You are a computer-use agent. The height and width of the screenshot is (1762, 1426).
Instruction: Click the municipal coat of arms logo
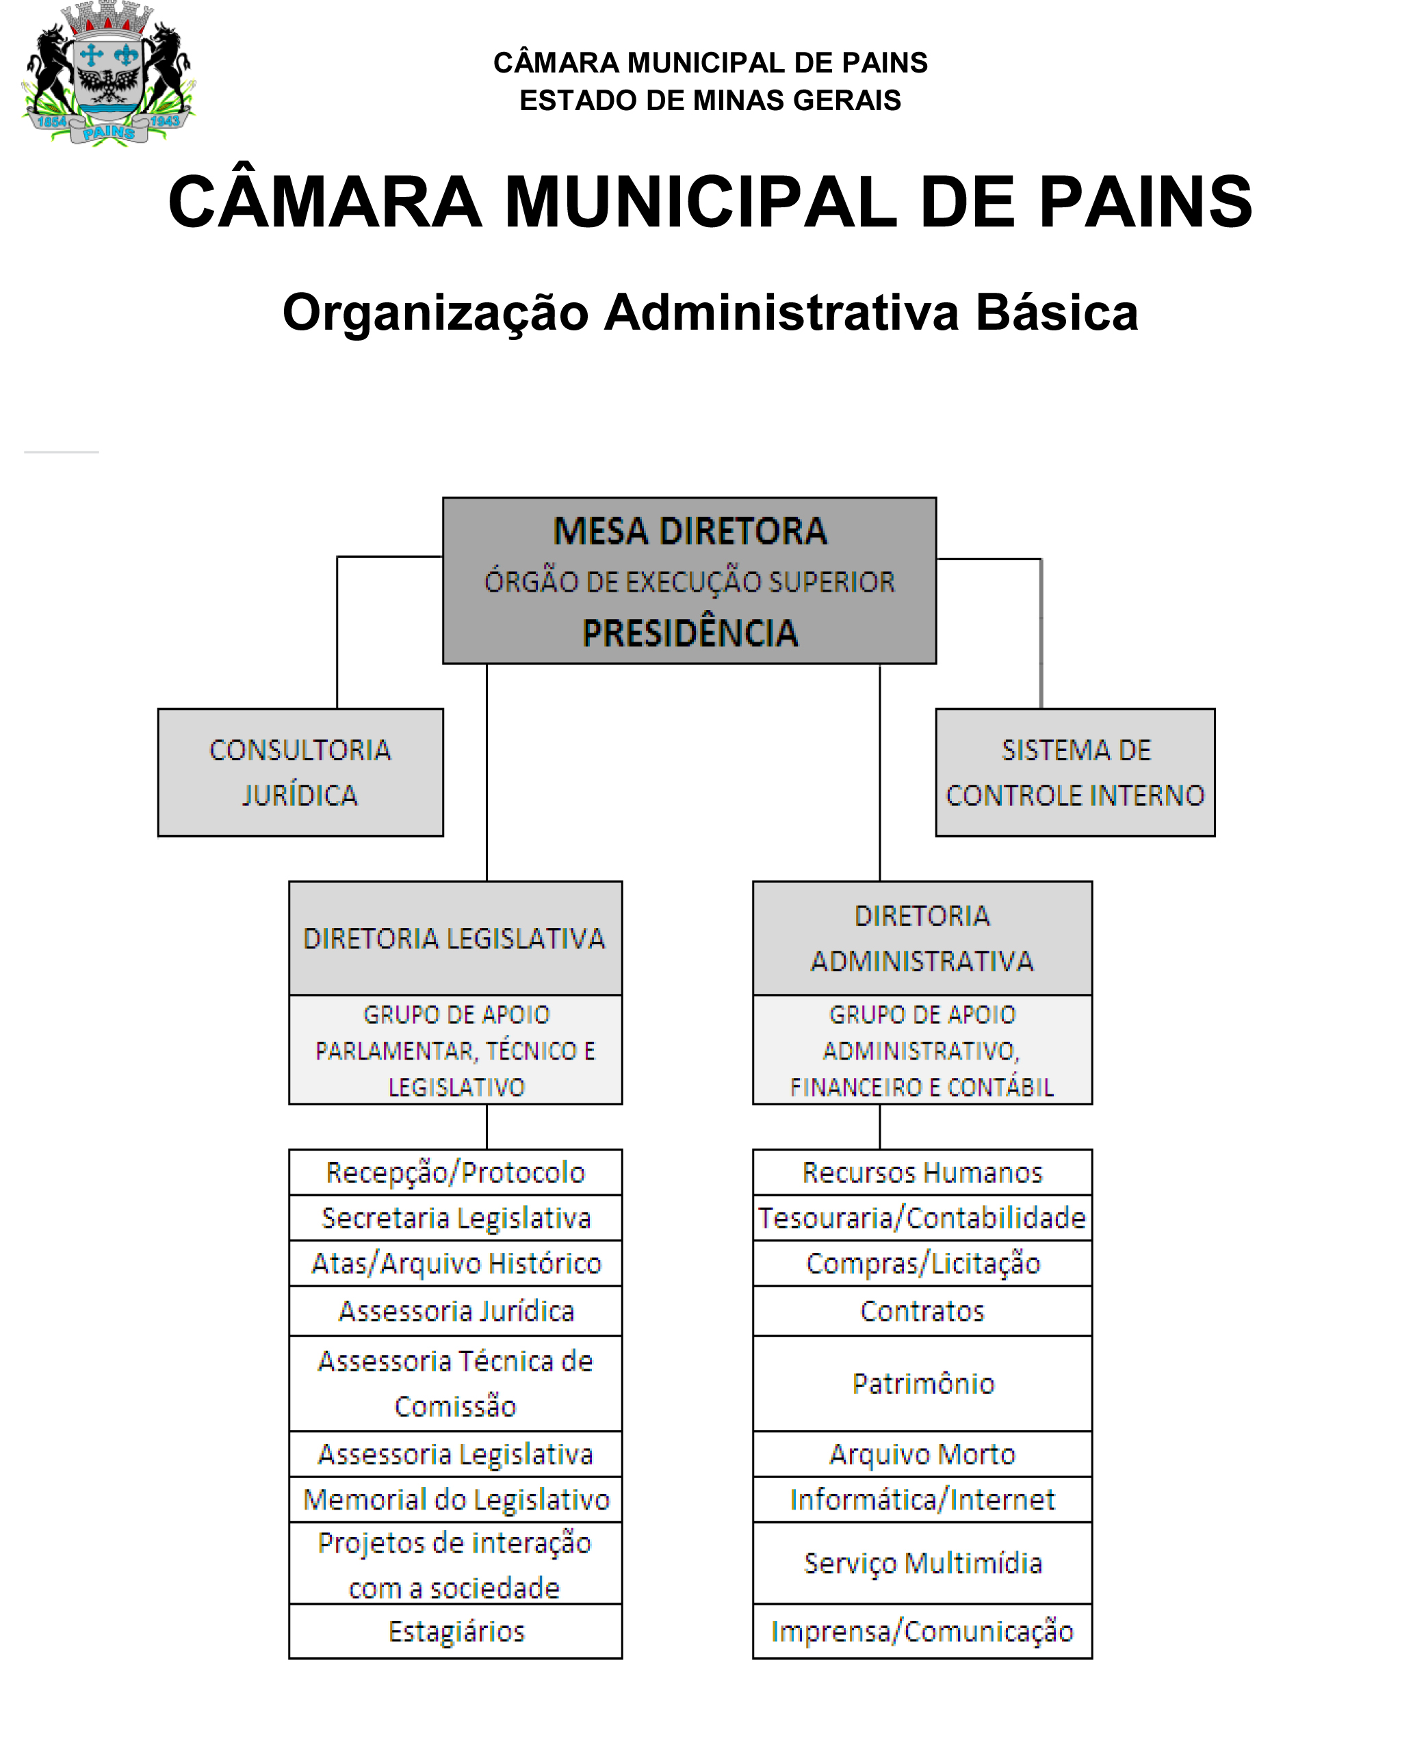pyautogui.click(x=108, y=74)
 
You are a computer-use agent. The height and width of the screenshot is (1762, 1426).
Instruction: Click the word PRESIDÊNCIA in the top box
pyautogui.click(x=689, y=633)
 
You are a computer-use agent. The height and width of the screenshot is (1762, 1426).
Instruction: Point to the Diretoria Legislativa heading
pyautogui.click(x=454, y=938)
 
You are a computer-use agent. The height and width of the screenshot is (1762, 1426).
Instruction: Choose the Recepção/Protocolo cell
pyautogui.click(x=455, y=1172)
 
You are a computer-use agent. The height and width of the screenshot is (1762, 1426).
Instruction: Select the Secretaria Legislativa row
pyautogui.click(x=455, y=1218)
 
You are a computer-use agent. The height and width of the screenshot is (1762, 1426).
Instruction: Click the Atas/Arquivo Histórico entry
pyautogui.click(x=455, y=1263)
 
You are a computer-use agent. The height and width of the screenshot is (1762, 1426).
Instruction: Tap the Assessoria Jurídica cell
pyautogui.click(x=455, y=1311)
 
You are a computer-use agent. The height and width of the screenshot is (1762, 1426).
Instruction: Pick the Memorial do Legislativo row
pyautogui.click(x=455, y=1499)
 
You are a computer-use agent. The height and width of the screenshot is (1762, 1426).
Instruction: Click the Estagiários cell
pyautogui.click(x=455, y=1631)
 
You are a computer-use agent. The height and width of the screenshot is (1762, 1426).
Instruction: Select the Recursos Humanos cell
pyautogui.click(x=922, y=1172)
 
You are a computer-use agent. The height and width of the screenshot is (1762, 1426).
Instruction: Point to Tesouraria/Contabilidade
pyautogui.click(x=922, y=1218)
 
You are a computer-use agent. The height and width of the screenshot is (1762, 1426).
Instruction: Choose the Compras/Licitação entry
pyautogui.click(x=922, y=1263)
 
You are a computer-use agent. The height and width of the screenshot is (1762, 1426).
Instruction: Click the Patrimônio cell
pyautogui.click(x=922, y=1384)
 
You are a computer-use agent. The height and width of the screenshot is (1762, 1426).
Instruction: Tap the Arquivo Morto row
pyautogui.click(x=922, y=1454)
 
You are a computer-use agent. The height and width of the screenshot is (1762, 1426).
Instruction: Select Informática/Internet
pyautogui.click(x=922, y=1499)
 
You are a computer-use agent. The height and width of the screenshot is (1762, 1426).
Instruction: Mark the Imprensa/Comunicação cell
pyautogui.click(x=922, y=1631)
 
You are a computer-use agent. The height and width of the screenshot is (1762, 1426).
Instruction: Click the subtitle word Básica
pyautogui.click(x=1056, y=313)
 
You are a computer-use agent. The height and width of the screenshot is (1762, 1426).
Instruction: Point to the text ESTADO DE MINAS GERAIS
pyautogui.click(x=710, y=100)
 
